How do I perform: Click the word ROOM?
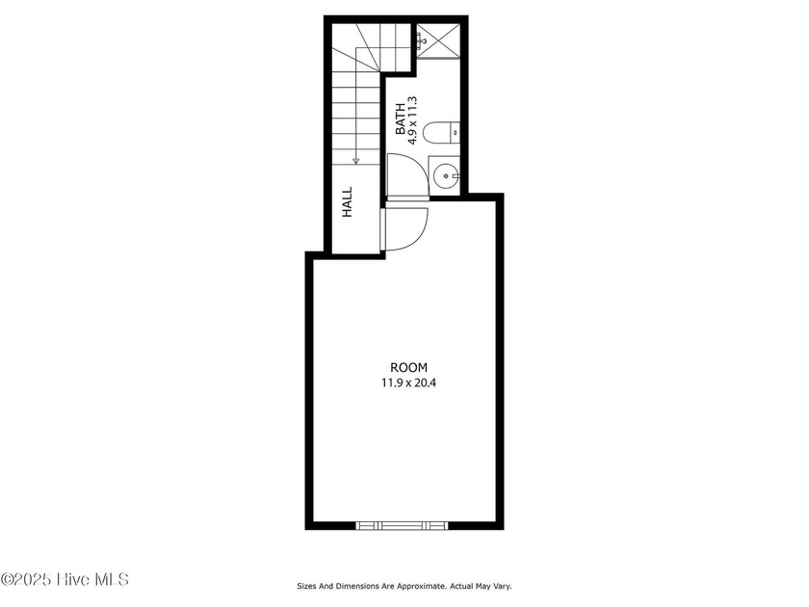tap(408, 367)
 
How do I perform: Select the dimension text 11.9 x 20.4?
tap(408, 383)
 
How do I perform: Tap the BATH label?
tap(401, 119)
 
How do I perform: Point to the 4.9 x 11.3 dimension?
tap(412, 120)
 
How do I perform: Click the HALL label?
tap(348, 201)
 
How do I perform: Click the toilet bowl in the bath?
tap(435, 132)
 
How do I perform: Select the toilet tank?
tap(454, 132)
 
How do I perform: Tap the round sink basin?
tap(445, 176)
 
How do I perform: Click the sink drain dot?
tap(445, 176)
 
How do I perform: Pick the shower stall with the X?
tap(438, 40)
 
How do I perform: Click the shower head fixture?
tap(422, 40)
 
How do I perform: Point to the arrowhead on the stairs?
tap(355, 161)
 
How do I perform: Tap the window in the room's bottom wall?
tap(402, 525)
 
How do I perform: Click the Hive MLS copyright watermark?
tap(65, 579)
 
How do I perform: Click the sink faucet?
tap(454, 176)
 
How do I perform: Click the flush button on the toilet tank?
tap(455, 132)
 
